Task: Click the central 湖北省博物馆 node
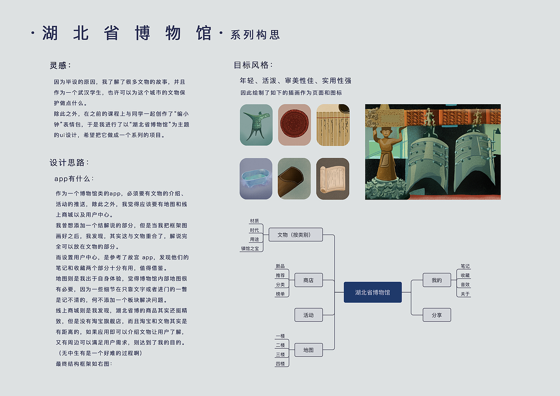click(372, 292)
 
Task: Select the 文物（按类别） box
click(295, 235)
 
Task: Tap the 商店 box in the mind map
click(308, 280)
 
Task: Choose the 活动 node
click(308, 315)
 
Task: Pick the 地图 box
click(308, 350)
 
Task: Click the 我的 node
click(437, 280)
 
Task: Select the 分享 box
click(437, 315)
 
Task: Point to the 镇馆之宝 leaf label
click(250, 249)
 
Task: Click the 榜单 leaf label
click(280, 294)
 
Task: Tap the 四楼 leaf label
click(280, 364)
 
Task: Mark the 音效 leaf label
click(465, 285)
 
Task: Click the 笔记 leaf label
click(465, 266)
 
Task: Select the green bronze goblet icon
click(256, 125)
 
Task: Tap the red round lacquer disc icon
click(294, 125)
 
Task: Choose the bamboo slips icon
click(333, 125)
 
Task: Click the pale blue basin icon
click(256, 179)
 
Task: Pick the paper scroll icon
click(333, 179)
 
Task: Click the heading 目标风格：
click(253, 65)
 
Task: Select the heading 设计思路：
click(70, 163)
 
